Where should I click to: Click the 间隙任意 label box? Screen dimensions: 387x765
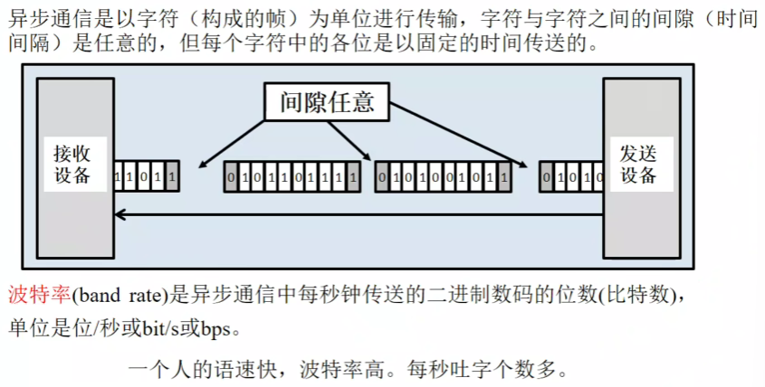click(x=325, y=101)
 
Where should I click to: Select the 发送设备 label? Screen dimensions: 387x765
click(x=638, y=164)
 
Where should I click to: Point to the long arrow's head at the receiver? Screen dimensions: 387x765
click(x=118, y=214)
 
